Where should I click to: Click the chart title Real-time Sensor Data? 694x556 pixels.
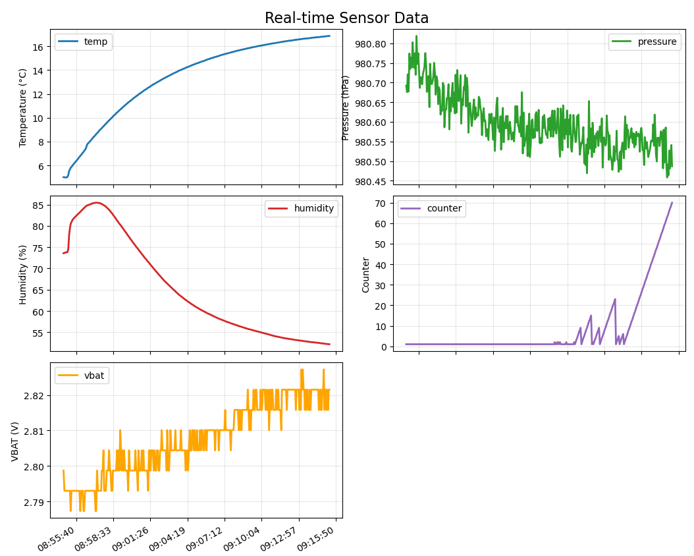tap(346, 18)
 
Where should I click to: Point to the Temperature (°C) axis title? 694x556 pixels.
tap(23, 107)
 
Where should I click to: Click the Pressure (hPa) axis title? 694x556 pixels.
tap(345, 107)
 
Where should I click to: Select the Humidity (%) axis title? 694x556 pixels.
tap(23, 274)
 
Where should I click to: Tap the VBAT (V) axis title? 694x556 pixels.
tap(15, 441)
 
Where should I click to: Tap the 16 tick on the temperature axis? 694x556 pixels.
tap(38, 47)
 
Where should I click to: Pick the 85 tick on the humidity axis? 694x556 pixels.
tap(38, 205)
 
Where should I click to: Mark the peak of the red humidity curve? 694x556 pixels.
tap(96, 202)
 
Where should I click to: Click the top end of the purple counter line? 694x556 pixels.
tap(672, 202)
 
